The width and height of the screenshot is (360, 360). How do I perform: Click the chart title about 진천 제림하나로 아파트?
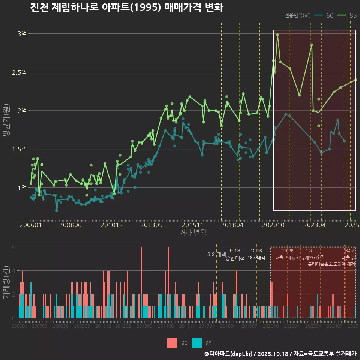click(127, 8)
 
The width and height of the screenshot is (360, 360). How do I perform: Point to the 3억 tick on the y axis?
click(22, 34)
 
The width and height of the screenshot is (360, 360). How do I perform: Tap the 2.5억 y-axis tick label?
click(19, 72)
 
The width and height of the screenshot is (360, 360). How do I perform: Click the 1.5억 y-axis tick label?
click(19, 149)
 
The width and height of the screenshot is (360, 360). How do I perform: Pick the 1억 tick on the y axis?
click(22, 187)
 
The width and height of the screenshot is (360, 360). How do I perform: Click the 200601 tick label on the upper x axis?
click(30, 225)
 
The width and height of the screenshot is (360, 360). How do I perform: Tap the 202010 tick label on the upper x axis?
click(273, 225)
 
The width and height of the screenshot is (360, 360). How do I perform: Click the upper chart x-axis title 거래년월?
click(193, 233)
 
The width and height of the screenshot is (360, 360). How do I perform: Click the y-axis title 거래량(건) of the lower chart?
click(6, 282)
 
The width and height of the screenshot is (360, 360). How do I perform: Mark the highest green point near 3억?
click(277, 35)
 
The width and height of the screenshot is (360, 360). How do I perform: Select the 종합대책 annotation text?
click(235, 258)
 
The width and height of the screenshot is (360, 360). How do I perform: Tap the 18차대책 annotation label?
click(256, 258)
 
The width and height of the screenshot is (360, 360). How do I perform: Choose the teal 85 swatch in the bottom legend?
click(197, 343)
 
